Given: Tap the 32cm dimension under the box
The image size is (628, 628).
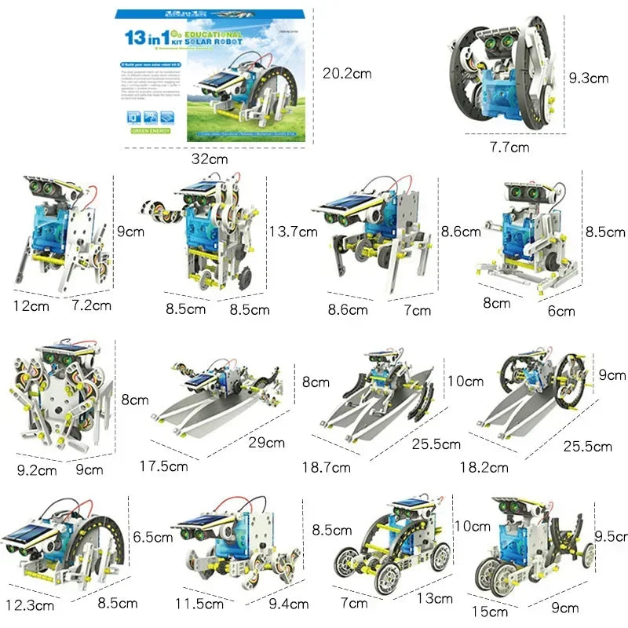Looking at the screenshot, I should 210,159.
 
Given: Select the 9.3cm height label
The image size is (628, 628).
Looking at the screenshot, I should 589,78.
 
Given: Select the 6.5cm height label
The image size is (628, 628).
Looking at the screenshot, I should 153,538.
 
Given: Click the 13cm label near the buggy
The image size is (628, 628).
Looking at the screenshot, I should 434,598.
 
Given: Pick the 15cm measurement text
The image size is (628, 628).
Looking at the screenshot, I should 495,611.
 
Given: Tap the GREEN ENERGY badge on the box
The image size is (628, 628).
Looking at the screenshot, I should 151,130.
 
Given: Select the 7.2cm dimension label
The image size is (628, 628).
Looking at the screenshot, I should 91,305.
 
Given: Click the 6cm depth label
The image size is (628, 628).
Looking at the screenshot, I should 560,311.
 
